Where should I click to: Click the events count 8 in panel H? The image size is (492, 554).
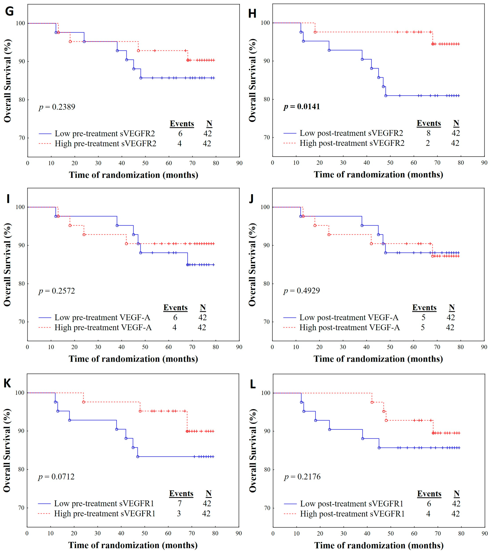click(x=428, y=133)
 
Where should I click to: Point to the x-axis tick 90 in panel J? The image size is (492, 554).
click(x=484, y=347)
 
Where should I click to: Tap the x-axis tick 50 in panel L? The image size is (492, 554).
click(x=390, y=533)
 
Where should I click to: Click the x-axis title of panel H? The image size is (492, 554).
click(x=378, y=175)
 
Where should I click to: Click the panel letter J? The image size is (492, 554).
click(x=251, y=199)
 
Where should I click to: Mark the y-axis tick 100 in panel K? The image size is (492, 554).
click(x=20, y=393)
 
